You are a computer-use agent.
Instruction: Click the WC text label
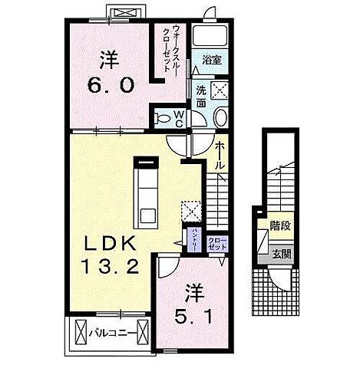click(x=177, y=118)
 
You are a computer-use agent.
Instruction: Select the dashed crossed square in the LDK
click(x=190, y=212)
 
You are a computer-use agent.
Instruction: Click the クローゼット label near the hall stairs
click(x=214, y=244)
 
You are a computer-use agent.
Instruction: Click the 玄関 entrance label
click(x=280, y=254)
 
